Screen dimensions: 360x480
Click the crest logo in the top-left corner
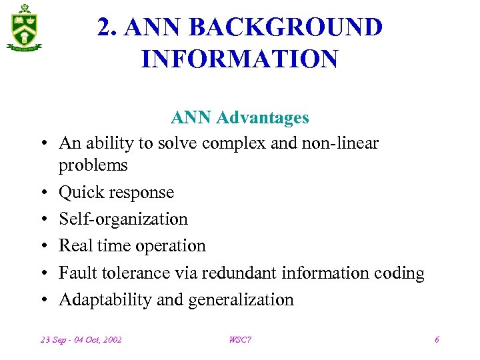(25, 27)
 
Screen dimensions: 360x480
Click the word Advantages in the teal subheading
(267, 118)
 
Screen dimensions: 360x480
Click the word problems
(93, 165)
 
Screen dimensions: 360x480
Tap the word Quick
(79, 192)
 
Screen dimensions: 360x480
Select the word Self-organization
(123, 219)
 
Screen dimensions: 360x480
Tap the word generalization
(241, 300)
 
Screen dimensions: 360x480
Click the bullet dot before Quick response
(42, 193)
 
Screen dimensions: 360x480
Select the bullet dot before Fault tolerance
(42, 273)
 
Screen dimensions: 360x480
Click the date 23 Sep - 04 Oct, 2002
(81, 340)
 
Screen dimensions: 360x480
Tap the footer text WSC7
(240, 340)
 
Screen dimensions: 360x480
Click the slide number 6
(437, 340)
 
